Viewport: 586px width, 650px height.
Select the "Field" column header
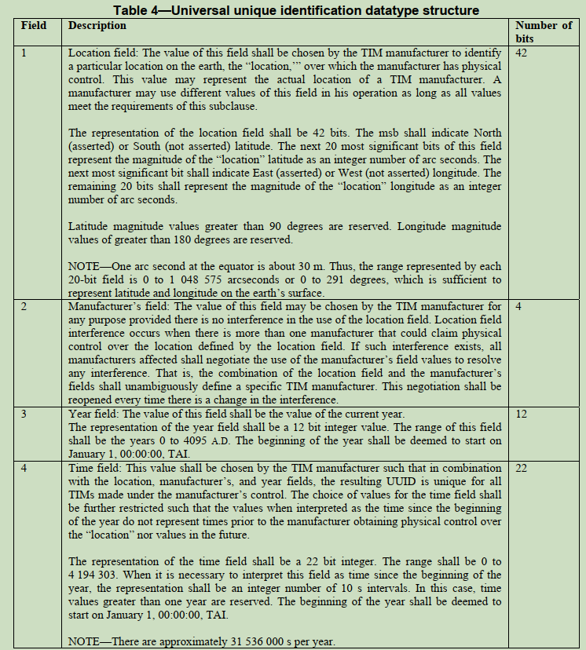(32, 26)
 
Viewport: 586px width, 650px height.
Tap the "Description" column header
(97, 26)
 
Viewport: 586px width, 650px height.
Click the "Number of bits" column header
(544, 31)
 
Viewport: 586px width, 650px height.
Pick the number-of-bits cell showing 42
(524, 53)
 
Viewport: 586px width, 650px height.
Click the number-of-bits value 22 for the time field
(524, 467)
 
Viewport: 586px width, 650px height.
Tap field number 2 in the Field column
(24, 305)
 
